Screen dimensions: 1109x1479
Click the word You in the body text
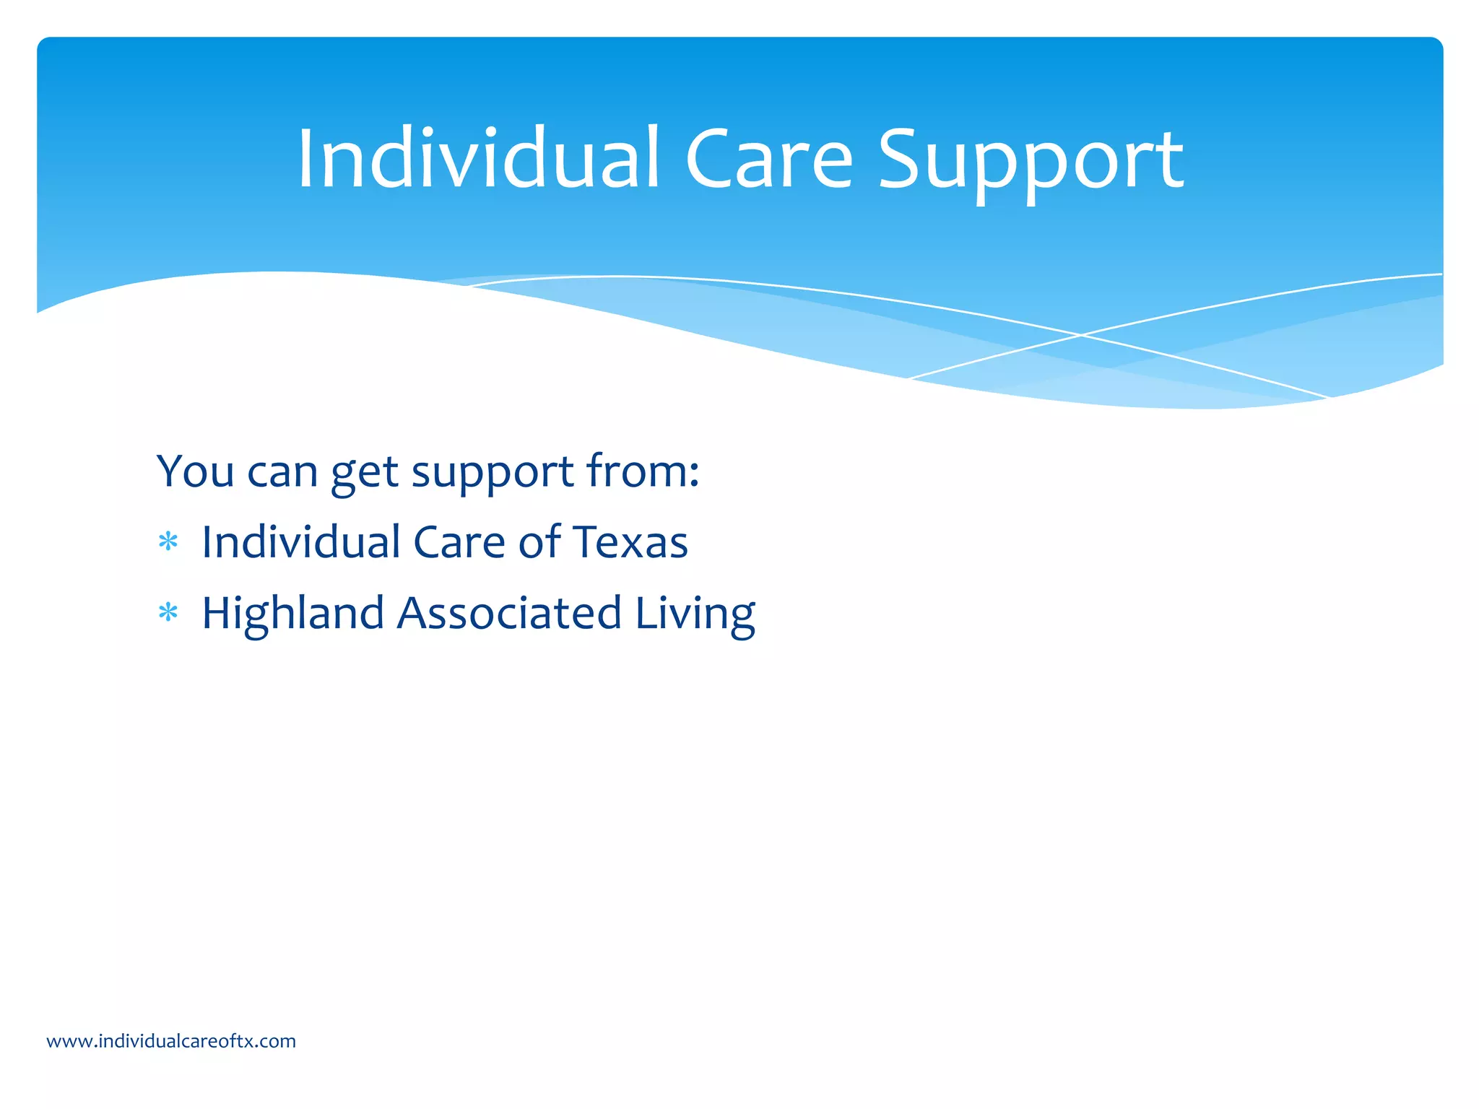click(195, 471)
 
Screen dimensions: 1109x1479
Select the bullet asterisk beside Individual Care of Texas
click(168, 542)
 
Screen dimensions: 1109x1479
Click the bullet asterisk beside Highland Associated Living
click(168, 613)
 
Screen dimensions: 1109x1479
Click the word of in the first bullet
click(539, 542)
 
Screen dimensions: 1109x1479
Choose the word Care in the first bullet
click(459, 542)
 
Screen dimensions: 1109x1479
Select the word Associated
click(509, 613)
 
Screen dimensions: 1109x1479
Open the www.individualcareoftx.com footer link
click(171, 1041)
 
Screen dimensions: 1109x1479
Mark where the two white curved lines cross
click(1081, 335)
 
